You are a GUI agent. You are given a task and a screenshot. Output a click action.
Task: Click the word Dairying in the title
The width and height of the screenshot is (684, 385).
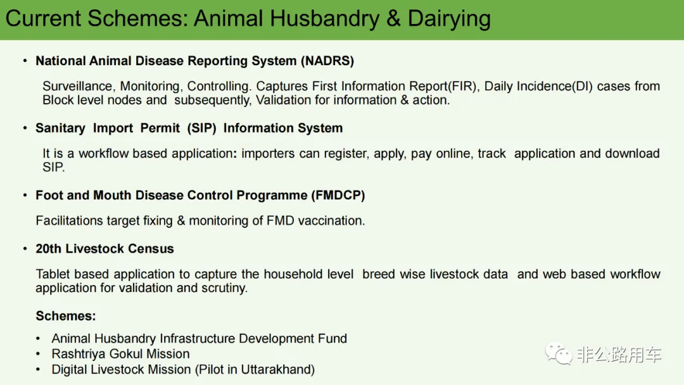point(449,19)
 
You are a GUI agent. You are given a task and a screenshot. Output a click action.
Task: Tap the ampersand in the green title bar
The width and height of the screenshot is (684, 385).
point(393,18)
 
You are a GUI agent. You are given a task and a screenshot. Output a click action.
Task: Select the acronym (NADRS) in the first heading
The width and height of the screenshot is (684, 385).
point(327,61)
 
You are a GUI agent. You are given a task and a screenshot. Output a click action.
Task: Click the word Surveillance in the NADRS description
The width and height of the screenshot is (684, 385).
point(78,86)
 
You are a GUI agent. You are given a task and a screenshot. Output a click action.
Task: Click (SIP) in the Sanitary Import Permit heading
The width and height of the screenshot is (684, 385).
point(201,128)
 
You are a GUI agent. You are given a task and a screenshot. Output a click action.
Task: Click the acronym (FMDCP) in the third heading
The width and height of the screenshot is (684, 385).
point(338,195)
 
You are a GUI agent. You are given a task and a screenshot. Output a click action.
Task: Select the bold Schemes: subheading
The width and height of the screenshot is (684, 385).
point(66,316)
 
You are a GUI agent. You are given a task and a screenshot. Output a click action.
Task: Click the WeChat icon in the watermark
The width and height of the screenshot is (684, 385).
point(559,353)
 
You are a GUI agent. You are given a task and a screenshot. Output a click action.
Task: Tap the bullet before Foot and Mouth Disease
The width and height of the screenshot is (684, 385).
point(25,195)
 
